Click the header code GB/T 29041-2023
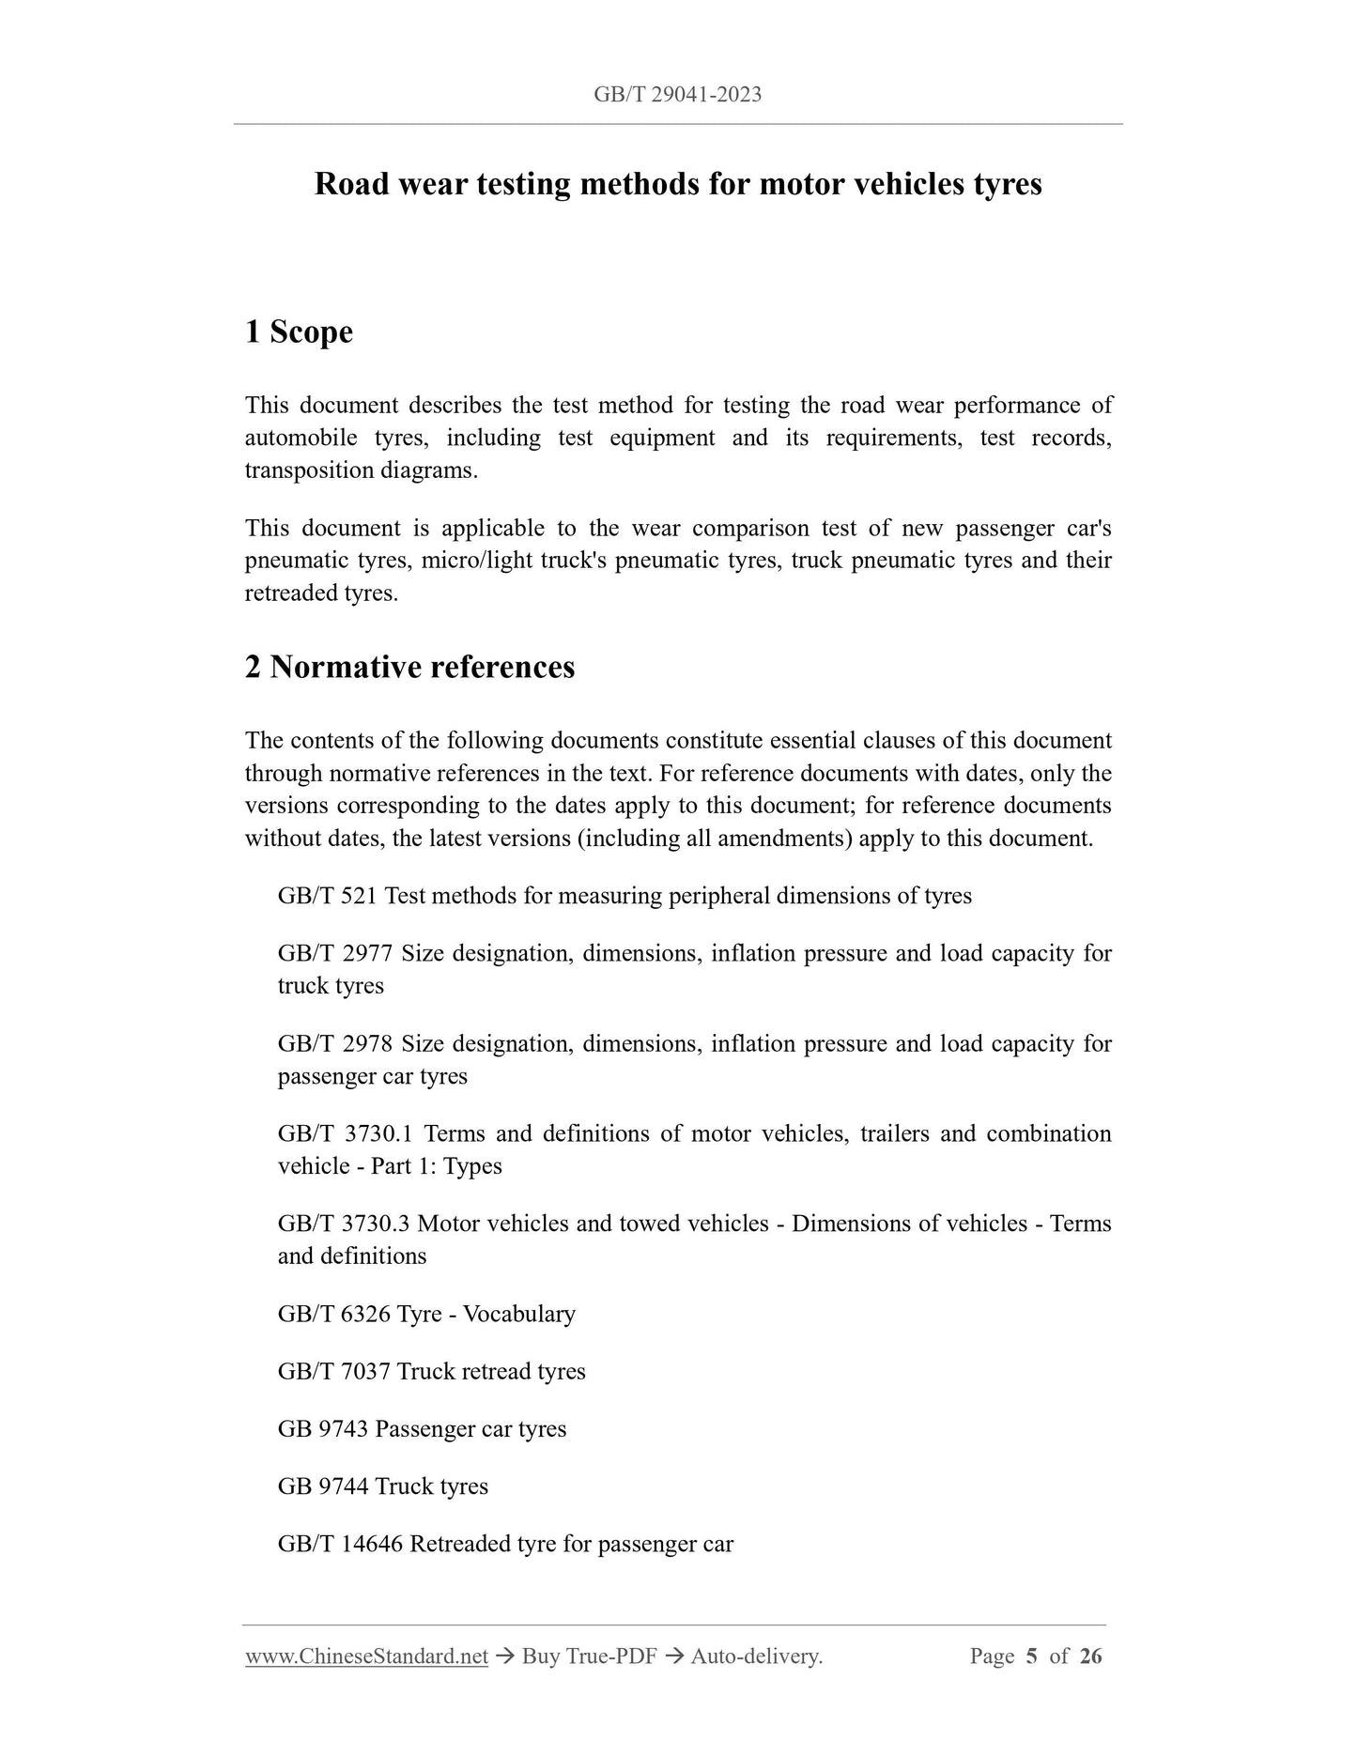pos(677,94)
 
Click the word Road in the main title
pos(350,184)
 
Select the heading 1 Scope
pos(299,331)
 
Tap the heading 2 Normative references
pos(409,667)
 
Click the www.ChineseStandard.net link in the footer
pos(366,1656)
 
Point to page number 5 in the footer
pos(1031,1656)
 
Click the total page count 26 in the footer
pos(1090,1656)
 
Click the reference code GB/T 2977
pos(333,953)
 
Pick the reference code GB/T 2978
pos(333,1043)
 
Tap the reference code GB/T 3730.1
pos(344,1133)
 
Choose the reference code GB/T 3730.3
pos(344,1224)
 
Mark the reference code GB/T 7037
pos(333,1371)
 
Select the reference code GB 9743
pos(322,1429)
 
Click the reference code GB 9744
pos(322,1486)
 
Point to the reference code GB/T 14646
pos(340,1544)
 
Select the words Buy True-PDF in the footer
pos(589,1656)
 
